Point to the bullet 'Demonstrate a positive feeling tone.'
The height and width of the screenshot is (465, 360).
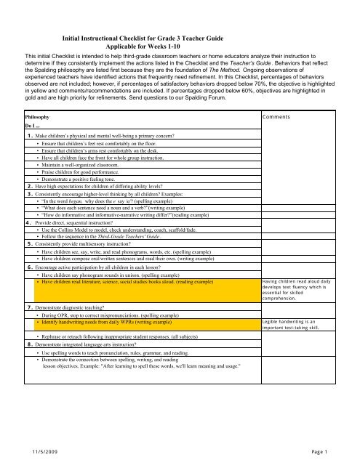point(89,185)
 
